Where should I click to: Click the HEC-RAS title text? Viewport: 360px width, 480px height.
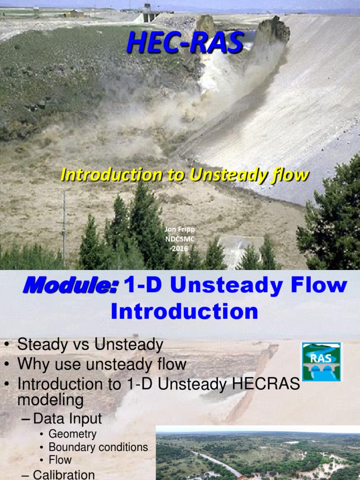coord(185,43)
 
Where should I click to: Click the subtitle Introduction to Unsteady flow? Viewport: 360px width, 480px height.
coord(185,175)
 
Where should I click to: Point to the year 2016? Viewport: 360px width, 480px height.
coord(180,248)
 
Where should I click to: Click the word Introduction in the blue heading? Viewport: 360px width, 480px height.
coord(184,311)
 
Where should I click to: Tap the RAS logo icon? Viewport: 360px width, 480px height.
coord(322,361)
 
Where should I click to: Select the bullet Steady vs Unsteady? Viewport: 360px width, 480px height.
coord(90,345)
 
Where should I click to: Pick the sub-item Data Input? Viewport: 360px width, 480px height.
coord(67,419)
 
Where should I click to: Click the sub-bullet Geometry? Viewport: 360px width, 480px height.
coord(72,434)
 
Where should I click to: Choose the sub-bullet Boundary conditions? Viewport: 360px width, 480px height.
coord(98,447)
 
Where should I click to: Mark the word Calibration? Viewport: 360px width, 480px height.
coord(64,474)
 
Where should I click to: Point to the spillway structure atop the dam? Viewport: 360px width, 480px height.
coord(148,13)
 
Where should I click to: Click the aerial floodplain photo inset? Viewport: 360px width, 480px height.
coord(257,453)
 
